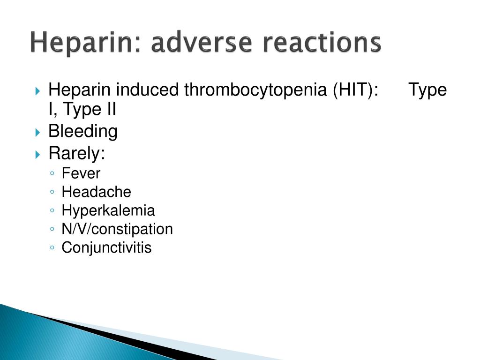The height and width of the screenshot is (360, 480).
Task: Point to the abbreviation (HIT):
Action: [356, 90]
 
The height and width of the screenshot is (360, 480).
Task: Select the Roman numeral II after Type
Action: [112, 109]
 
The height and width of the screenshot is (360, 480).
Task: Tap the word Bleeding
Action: [83, 132]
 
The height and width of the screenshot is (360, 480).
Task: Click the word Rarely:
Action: [77, 153]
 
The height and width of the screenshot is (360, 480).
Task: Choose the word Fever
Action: [81, 173]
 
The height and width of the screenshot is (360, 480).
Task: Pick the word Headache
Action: [97, 192]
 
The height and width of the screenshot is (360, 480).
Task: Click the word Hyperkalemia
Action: [108, 211]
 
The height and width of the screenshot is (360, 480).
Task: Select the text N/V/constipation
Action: [117, 229]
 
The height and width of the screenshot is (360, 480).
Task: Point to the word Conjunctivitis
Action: [106, 248]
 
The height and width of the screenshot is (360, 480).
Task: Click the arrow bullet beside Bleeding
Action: [37, 133]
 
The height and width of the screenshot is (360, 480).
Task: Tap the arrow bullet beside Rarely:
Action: [37, 154]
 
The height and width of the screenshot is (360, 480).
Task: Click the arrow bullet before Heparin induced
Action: [37, 91]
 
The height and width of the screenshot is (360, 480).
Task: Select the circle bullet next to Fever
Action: [52, 173]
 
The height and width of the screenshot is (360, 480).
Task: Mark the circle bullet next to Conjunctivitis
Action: [52, 247]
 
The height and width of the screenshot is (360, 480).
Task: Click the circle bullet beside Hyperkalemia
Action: [52, 210]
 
